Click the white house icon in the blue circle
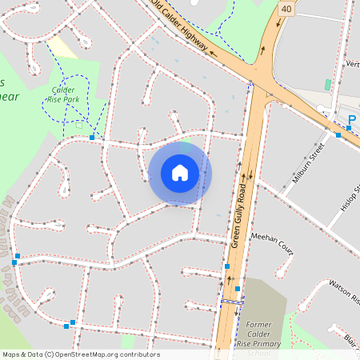tap(180, 173)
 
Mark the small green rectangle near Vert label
tap(327, 84)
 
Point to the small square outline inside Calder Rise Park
tap(78, 124)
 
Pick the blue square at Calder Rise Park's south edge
tap(92, 138)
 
